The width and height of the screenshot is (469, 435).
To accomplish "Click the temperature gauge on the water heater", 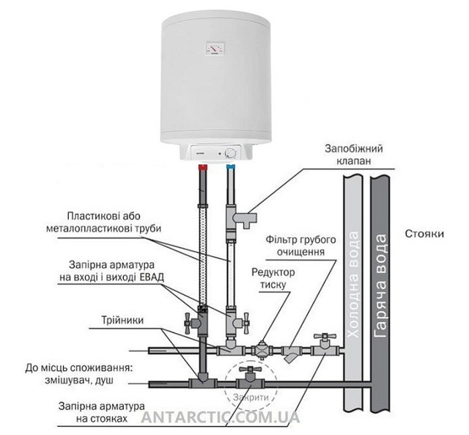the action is pyautogui.click(x=215, y=48).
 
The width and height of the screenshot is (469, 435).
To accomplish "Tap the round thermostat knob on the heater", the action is pyautogui.click(x=231, y=153).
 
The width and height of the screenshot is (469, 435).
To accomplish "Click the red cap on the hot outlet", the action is pyautogui.click(x=204, y=167).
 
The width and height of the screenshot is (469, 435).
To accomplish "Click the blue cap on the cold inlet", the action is pyautogui.click(x=231, y=167).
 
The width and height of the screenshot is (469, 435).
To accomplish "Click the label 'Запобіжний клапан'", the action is pyautogui.click(x=354, y=155).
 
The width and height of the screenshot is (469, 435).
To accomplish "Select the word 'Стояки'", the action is pyautogui.click(x=424, y=233).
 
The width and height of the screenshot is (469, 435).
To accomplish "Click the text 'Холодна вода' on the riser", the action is pyautogui.click(x=353, y=285).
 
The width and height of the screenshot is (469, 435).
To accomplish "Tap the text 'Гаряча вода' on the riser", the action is pyautogui.click(x=380, y=286).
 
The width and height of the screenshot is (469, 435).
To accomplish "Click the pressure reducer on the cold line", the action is pyautogui.click(x=262, y=350).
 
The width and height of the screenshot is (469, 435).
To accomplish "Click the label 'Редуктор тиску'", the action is pyautogui.click(x=273, y=279).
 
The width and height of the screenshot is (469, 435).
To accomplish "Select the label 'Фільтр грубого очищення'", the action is pyautogui.click(x=301, y=246).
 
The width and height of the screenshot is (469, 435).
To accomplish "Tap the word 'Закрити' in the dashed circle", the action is pyautogui.click(x=251, y=398).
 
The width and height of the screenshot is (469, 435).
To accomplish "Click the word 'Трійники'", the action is pyautogui.click(x=122, y=320).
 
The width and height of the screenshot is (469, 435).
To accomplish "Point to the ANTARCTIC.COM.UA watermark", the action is pyautogui.click(x=221, y=417).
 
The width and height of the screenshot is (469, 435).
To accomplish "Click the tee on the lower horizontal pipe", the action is pyautogui.click(x=203, y=383).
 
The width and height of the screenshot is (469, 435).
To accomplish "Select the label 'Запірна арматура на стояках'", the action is pyautogui.click(x=102, y=412).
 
